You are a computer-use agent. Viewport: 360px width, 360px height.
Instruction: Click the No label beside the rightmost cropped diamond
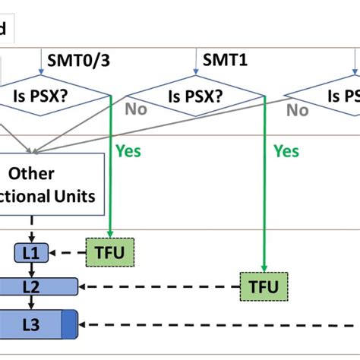297,110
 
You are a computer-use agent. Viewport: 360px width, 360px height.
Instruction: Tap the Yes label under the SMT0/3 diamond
128,151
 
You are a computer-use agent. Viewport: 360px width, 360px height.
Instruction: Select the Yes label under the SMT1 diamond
286,151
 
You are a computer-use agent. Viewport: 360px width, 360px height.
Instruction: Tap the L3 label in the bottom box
30,324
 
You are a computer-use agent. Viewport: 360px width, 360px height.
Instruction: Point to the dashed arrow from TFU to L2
159,286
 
